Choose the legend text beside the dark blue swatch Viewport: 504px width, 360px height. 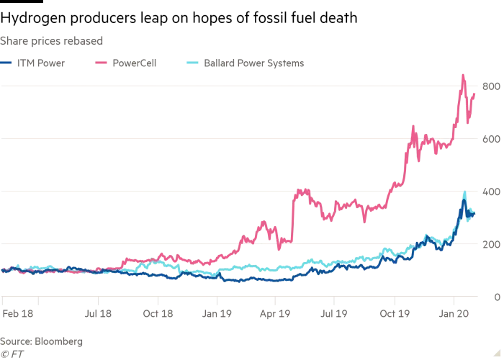point(40,64)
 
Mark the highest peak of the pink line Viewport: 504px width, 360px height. point(464,71)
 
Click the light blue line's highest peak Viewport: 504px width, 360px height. point(464,192)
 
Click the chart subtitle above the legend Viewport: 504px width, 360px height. point(50,40)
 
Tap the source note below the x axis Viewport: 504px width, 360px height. point(43,337)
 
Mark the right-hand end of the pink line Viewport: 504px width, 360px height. point(476,93)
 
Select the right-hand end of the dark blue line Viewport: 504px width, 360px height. point(476,214)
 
